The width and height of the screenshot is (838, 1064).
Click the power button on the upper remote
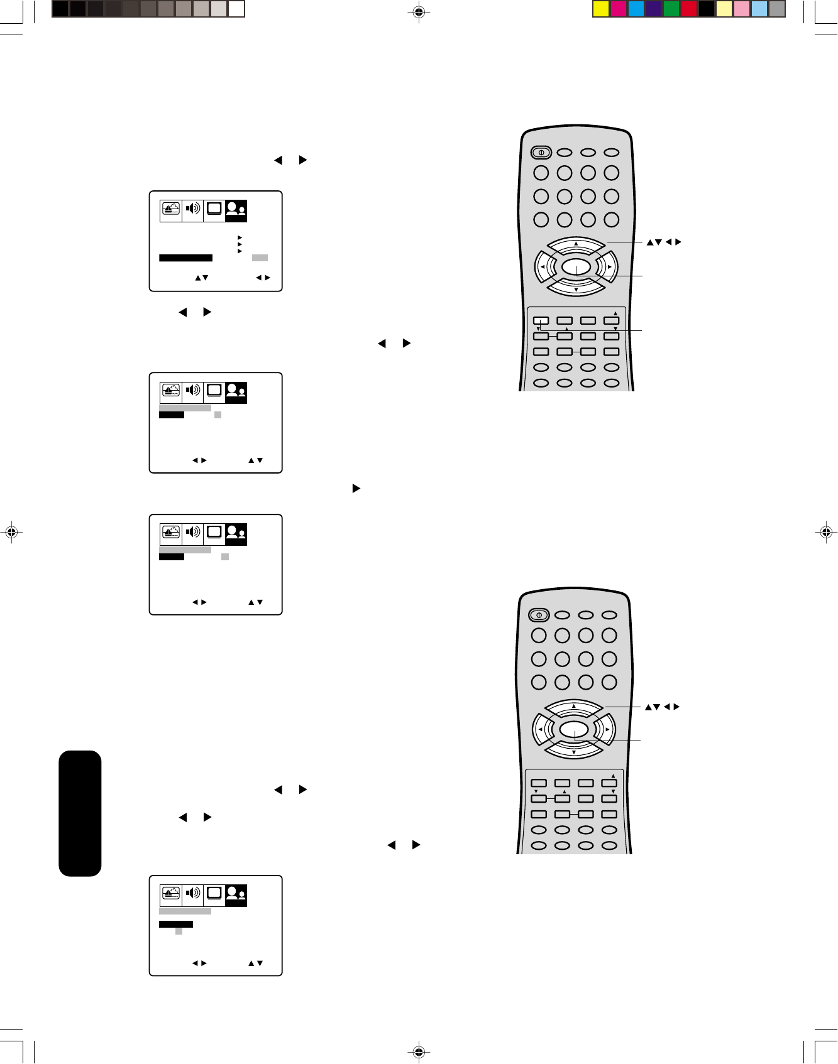[x=541, y=152]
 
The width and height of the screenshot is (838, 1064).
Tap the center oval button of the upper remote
[x=576, y=268]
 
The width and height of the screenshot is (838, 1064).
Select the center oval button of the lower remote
[x=573, y=730]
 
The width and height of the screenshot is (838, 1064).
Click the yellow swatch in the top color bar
[x=601, y=9]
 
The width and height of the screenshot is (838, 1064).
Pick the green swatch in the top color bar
[x=671, y=9]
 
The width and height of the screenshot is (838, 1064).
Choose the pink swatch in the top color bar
[x=742, y=9]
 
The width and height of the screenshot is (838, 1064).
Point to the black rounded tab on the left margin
[x=80, y=813]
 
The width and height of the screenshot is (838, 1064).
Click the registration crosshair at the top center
[x=419, y=11]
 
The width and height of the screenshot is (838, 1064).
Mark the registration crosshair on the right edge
[x=826, y=532]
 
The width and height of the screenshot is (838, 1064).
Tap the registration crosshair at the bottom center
[x=419, y=1052]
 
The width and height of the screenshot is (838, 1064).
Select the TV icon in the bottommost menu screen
[x=214, y=893]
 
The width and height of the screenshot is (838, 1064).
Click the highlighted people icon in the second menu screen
[x=236, y=392]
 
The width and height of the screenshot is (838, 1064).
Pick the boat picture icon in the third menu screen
[x=171, y=533]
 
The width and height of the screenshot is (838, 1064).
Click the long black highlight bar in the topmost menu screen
[x=185, y=258]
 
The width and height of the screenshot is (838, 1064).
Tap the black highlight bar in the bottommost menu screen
[x=176, y=924]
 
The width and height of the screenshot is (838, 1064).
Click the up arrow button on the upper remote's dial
[x=576, y=244]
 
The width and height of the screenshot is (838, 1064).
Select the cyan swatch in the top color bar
[x=636, y=9]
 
